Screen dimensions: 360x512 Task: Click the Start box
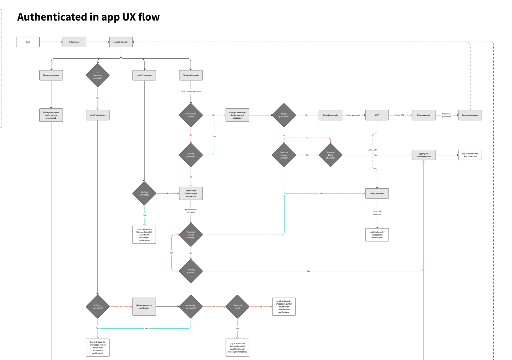coord(28,42)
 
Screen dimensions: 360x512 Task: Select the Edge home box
coord(74,42)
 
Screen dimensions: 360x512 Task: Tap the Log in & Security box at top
coord(121,42)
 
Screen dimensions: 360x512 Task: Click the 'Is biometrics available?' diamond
coord(98,75)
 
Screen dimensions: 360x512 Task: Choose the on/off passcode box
coord(144,75)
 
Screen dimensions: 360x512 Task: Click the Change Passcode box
coord(191,75)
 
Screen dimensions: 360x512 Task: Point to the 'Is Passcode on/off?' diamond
coord(191,115)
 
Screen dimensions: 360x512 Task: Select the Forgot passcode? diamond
coord(284,115)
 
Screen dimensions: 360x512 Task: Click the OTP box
coord(377,115)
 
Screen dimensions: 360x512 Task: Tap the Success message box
coord(470,115)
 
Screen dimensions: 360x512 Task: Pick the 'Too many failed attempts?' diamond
coord(331,155)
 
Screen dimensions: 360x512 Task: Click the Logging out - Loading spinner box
coord(424,155)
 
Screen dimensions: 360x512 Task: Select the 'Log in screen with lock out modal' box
coord(470,155)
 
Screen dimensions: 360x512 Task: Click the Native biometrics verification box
coord(144,307)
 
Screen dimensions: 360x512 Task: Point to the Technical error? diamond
coord(237,307)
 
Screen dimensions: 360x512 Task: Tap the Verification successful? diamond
coord(191,307)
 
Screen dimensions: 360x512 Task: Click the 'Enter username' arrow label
coord(353,115)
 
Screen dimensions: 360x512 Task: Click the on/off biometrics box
coord(98,115)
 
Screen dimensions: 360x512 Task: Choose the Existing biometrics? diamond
coord(98,307)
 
